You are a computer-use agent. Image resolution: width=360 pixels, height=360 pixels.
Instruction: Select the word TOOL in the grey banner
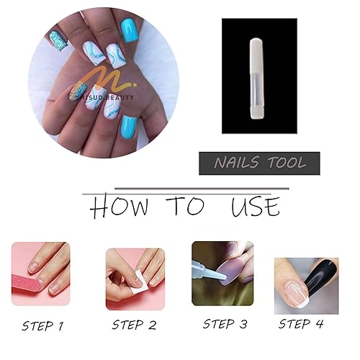point(284,163)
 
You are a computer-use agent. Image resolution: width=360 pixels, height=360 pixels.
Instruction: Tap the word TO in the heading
point(186,207)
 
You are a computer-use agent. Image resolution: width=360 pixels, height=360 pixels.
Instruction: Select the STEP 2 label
point(133,325)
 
